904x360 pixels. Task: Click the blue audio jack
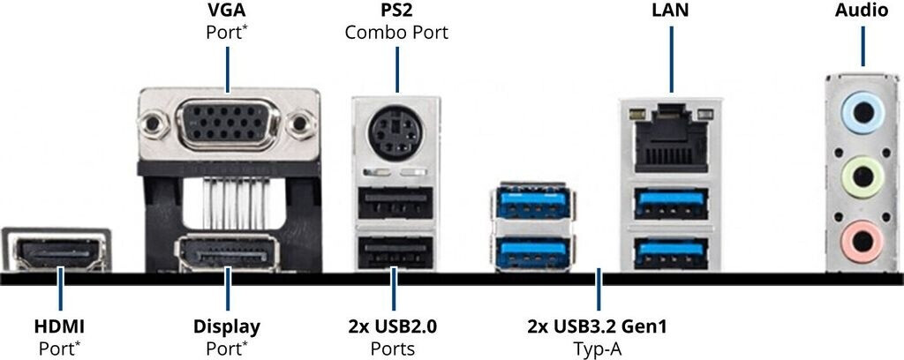coord(861,114)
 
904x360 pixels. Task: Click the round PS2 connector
coord(395,133)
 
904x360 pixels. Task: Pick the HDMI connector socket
coord(58,253)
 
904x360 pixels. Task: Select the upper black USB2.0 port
coord(395,205)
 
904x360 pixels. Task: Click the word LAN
coord(669,11)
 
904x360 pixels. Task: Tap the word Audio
coord(862,11)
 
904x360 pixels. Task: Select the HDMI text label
coord(59,326)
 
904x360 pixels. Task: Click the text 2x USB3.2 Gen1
coord(599,326)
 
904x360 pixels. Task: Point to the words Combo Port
coord(396,34)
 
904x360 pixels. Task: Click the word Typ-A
coord(599,349)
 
